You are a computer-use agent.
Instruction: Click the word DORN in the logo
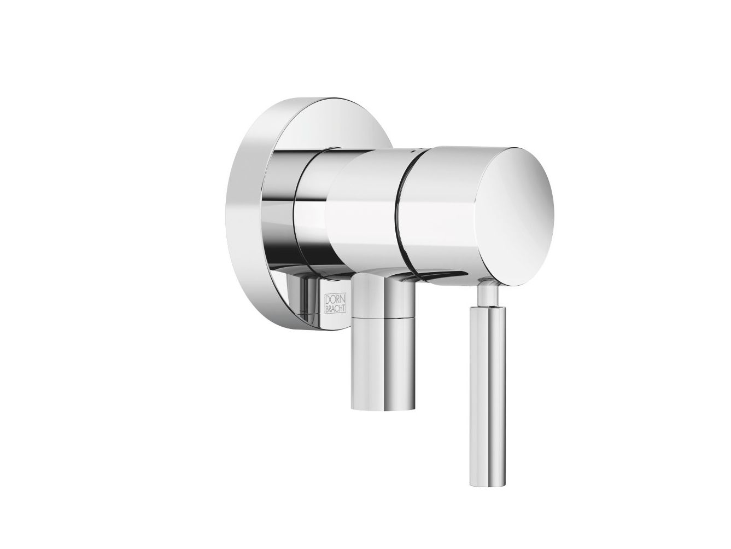(x=335, y=299)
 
